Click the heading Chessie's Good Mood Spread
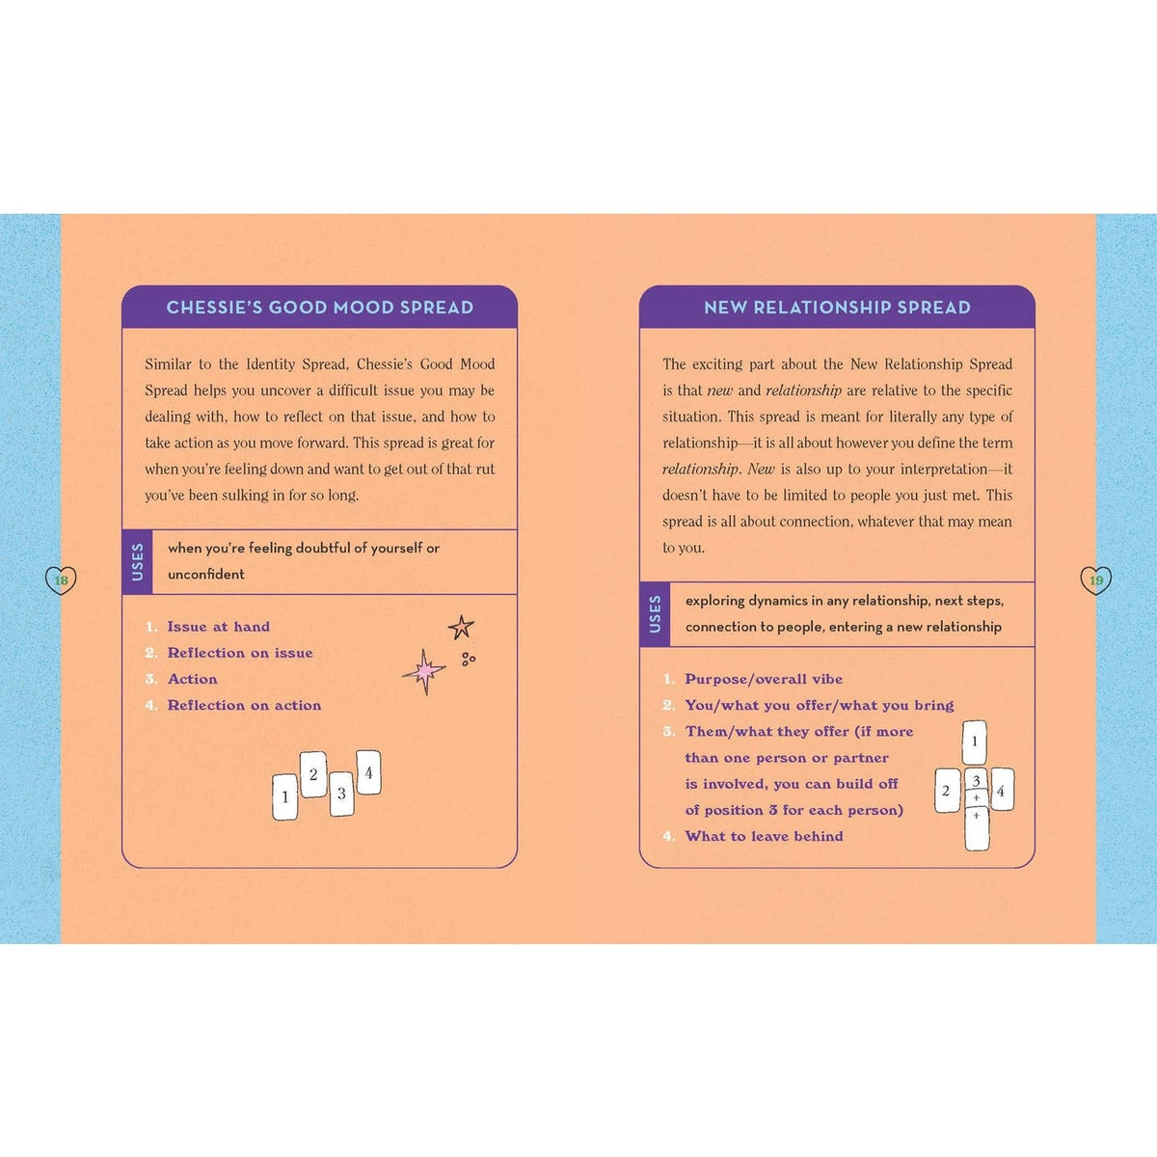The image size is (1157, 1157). coord(319,308)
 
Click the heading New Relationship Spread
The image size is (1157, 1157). coord(837,308)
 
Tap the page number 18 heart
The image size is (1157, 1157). coord(62,580)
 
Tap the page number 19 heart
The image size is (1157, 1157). coord(1095,580)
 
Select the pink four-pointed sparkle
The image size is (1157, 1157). coord(424,671)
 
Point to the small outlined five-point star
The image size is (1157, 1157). coord(461,628)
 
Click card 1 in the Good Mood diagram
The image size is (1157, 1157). coord(285,796)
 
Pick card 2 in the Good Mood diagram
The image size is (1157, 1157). coord(313,774)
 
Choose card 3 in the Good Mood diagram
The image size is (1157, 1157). coord(341,794)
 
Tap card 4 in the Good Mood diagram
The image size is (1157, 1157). coord(368,772)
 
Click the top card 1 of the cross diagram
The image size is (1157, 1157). coord(975,742)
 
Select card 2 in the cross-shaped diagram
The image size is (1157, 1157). coord(948,791)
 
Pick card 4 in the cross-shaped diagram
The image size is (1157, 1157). coord(1002,791)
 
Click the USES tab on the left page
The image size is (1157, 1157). coord(138,562)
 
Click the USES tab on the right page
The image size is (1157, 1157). coord(655,614)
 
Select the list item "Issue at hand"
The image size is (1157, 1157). coord(219,627)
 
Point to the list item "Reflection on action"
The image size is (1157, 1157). coord(244,706)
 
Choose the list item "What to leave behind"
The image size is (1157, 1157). coord(765,836)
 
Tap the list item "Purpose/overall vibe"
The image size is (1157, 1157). coord(764,679)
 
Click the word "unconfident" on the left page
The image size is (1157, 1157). coord(206,575)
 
